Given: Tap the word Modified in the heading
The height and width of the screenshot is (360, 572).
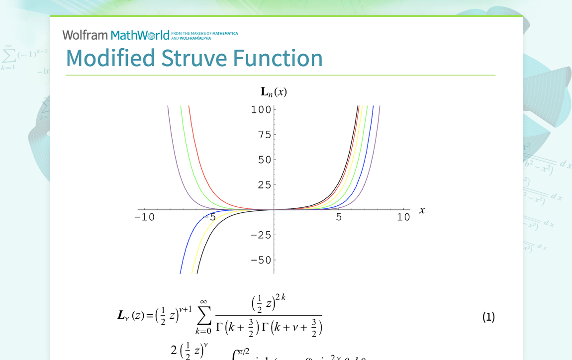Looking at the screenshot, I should tap(110, 58).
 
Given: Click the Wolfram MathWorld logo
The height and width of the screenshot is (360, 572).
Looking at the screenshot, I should tap(116, 35).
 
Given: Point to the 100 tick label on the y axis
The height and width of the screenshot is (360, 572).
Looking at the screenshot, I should tap(261, 109).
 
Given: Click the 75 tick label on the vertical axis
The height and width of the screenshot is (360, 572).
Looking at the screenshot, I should tap(264, 135).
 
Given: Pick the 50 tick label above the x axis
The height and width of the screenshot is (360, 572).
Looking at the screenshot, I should tap(264, 160).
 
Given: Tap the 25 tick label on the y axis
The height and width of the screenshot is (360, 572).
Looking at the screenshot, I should tap(264, 185).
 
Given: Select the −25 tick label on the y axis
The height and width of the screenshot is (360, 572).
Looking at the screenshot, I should tap(261, 235).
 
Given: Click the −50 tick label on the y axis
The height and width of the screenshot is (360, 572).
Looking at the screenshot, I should tap(261, 260).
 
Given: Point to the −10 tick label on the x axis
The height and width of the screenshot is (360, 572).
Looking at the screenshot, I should tap(144, 217).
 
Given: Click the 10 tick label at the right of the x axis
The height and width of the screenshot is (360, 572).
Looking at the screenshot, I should tap(403, 217).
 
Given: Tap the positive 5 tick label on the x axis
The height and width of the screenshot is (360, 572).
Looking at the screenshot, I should tap(339, 217).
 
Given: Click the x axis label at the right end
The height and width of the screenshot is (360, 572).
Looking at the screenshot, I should tap(422, 210).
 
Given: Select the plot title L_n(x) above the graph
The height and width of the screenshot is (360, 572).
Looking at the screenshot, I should tap(274, 91).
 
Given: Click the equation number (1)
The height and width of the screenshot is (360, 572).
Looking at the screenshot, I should tap(488, 317).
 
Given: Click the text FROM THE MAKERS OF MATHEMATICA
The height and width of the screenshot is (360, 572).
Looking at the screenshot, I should tap(204, 34).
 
